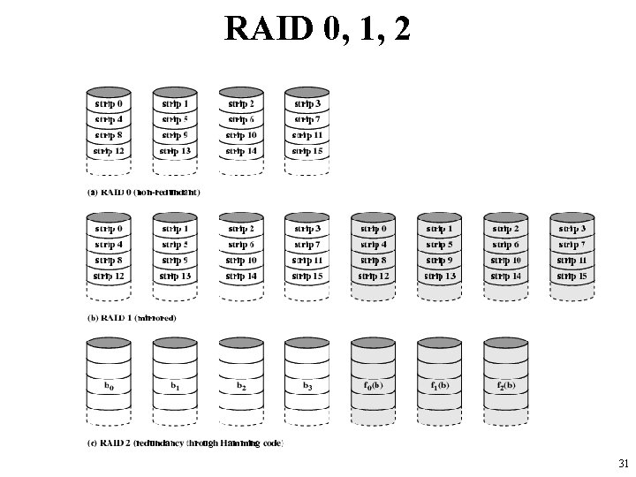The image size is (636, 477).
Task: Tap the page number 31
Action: click(624, 463)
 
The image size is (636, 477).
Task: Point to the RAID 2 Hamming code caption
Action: click(185, 443)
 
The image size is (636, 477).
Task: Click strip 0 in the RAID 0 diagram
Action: click(109, 104)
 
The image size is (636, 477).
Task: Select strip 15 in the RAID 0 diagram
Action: click(307, 151)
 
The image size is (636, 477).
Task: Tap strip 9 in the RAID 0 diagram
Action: click(175, 135)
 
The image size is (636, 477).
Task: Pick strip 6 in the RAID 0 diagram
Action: click(240, 119)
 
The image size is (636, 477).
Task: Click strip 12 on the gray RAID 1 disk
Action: click(373, 276)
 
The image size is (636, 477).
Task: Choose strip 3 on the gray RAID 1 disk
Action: click(572, 230)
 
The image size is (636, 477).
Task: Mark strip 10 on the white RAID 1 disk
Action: click(240, 261)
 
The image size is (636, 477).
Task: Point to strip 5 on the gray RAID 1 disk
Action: click(439, 245)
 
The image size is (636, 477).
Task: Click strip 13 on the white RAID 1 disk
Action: click(175, 276)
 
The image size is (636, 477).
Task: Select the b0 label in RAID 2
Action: click(109, 385)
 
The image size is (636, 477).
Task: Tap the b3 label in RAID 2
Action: click(307, 385)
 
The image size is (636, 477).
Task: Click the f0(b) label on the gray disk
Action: click(373, 385)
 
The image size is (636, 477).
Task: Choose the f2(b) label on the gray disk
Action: click(505, 385)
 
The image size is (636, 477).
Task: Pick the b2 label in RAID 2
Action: click(240, 385)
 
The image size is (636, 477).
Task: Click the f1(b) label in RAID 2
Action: click(439, 385)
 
